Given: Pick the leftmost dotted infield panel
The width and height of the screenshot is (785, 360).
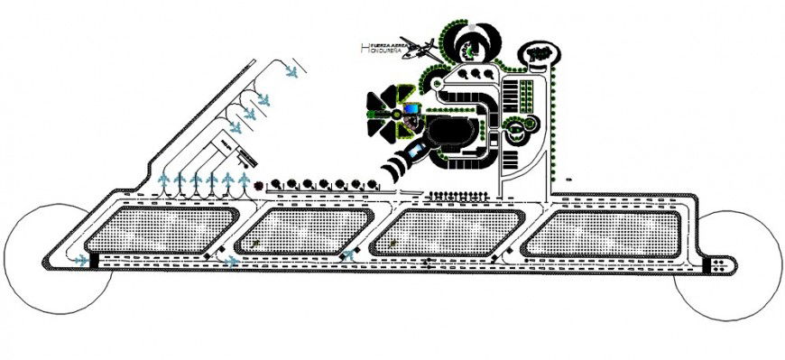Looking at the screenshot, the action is pyautogui.click(x=162, y=230).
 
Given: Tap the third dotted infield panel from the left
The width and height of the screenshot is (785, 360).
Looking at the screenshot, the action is pyautogui.click(x=456, y=230).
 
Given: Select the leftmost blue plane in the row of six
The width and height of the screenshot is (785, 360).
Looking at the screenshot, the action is pyautogui.click(x=163, y=184).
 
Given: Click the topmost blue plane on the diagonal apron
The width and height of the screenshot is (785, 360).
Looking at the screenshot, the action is pyautogui.click(x=291, y=71).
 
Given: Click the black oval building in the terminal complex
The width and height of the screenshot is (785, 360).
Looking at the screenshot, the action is pyautogui.click(x=456, y=135).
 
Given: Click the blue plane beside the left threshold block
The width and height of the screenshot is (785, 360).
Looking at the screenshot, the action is pyautogui.click(x=232, y=262).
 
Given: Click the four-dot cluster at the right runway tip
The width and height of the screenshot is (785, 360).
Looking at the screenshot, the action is pyautogui.click(x=719, y=263).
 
